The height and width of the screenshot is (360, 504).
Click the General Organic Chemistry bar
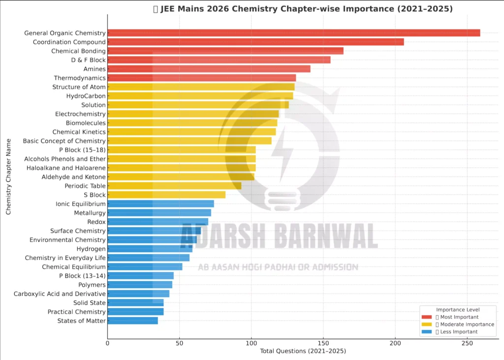tap(293, 33)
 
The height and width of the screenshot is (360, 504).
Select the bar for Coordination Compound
tap(255, 42)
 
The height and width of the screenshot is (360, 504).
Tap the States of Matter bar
tap(132, 321)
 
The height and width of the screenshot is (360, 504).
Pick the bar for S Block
tap(166, 195)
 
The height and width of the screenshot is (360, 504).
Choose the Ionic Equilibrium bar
tap(160, 204)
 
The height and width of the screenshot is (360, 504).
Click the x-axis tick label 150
tap(323, 343)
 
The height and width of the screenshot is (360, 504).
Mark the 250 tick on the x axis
tap(467, 343)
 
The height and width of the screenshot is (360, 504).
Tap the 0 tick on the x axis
tap(108, 343)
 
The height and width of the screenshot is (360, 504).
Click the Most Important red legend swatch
tap(427, 317)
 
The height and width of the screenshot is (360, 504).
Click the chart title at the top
tap(303, 9)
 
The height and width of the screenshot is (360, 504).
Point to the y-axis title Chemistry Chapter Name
tap(8, 176)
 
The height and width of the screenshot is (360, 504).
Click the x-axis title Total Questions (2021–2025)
tap(303, 351)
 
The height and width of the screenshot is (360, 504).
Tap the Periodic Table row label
tap(85, 186)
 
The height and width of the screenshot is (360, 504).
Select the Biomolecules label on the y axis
tap(86, 123)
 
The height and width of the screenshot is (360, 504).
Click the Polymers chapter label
tap(92, 285)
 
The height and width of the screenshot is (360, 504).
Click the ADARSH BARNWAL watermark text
tap(279, 237)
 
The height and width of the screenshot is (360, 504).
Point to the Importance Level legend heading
tap(458, 309)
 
